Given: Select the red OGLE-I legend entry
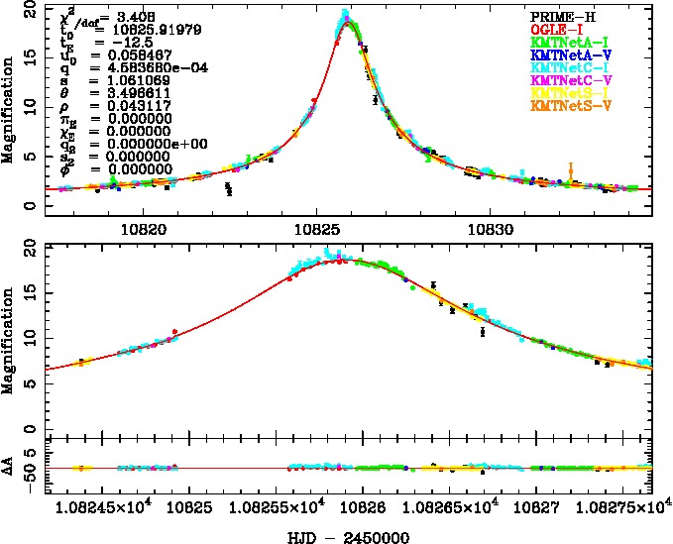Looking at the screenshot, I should tap(559, 30).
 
